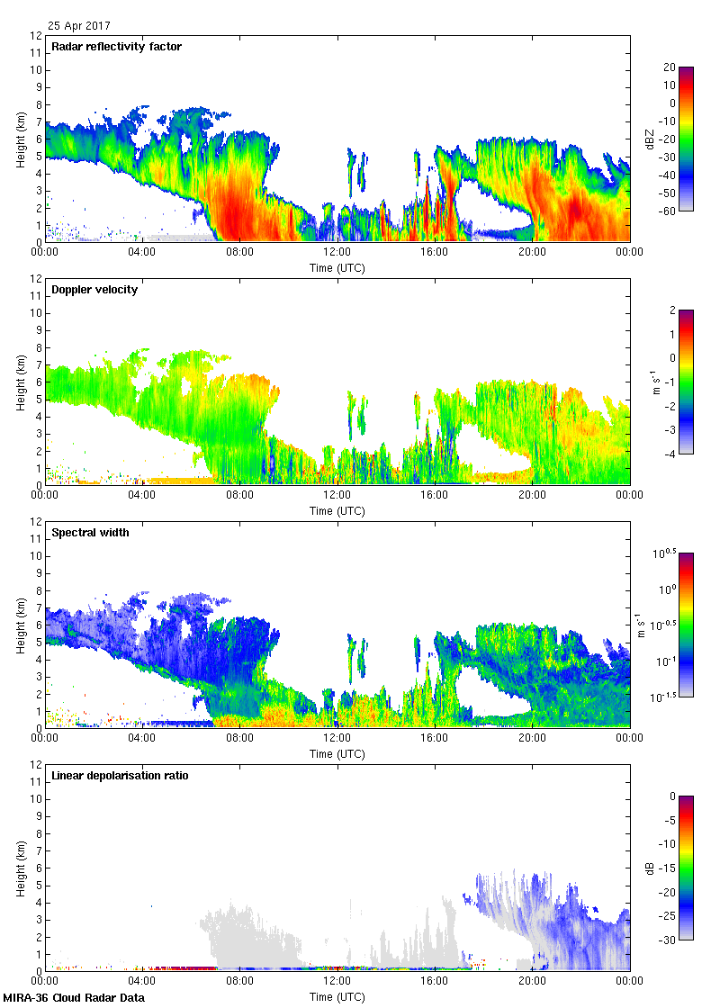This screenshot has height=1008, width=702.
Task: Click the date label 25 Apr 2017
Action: (x=80, y=26)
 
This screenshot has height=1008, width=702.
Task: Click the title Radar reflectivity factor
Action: (x=117, y=47)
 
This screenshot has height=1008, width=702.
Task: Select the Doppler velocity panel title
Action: (x=94, y=290)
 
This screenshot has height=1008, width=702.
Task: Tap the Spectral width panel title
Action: (x=90, y=533)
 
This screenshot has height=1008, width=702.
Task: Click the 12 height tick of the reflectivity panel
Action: (x=36, y=36)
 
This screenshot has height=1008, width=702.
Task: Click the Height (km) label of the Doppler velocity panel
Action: (x=20, y=382)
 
